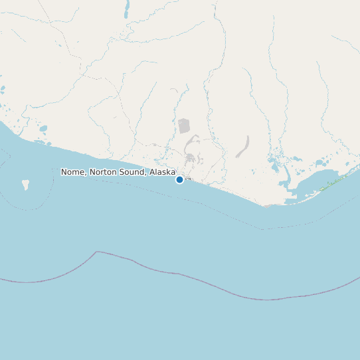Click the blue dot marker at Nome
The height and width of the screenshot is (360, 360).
point(179,179)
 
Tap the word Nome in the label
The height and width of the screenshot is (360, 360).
point(73,172)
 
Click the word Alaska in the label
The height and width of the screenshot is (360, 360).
point(162,172)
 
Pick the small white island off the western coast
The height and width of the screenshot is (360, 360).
point(26,184)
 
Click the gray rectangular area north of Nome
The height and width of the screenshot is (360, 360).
point(184,126)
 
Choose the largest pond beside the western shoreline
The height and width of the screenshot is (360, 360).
point(43,129)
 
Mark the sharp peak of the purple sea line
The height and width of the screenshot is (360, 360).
point(97,252)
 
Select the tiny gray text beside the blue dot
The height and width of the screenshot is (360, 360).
point(188,179)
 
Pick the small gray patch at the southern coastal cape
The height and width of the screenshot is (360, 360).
point(267,205)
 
